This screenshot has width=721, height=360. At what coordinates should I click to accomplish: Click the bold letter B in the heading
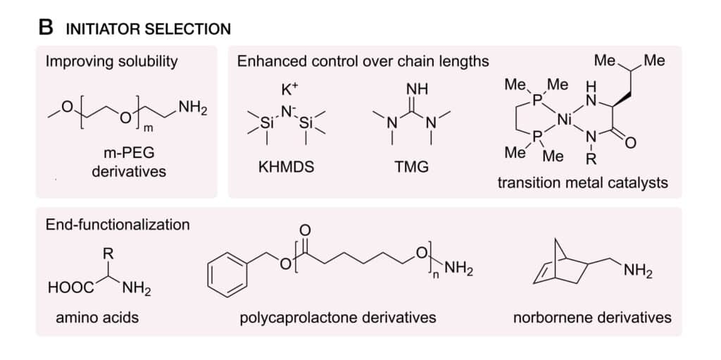[46, 28]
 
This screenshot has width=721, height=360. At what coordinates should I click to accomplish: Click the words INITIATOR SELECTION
[149, 30]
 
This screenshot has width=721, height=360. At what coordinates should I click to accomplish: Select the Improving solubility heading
[112, 62]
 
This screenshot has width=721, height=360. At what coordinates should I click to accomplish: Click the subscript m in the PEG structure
[148, 130]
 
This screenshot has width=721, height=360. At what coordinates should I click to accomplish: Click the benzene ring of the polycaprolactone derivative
[227, 277]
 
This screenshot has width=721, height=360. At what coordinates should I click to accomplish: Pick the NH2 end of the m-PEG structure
[193, 110]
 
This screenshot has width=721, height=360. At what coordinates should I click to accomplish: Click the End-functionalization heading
[118, 225]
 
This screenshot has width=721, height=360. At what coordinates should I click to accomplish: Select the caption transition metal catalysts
[583, 182]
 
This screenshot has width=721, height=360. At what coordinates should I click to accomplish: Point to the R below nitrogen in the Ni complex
[592, 160]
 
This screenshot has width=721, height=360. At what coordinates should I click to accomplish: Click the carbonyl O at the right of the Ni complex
[631, 144]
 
